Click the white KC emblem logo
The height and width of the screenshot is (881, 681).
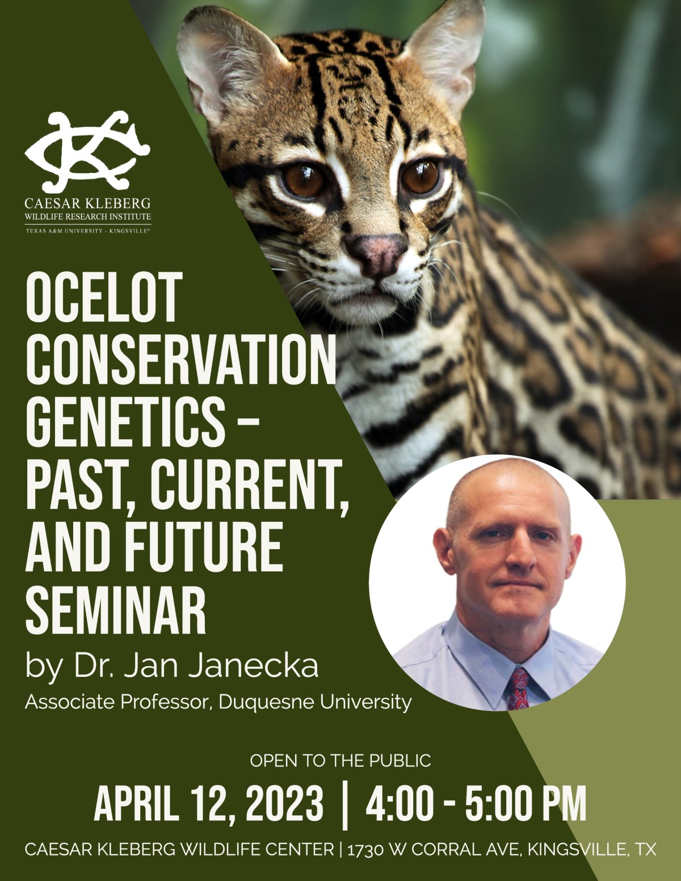(x=87, y=152)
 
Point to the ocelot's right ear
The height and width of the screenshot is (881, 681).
(x=446, y=53)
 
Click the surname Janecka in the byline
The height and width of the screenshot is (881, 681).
(x=254, y=666)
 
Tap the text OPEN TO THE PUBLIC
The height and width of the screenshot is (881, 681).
(x=340, y=761)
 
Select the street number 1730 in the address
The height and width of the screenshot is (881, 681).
(x=365, y=849)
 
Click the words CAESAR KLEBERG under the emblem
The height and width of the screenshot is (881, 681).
(x=87, y=203)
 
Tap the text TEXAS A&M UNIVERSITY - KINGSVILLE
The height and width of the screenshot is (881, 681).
(x=87, y=231)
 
